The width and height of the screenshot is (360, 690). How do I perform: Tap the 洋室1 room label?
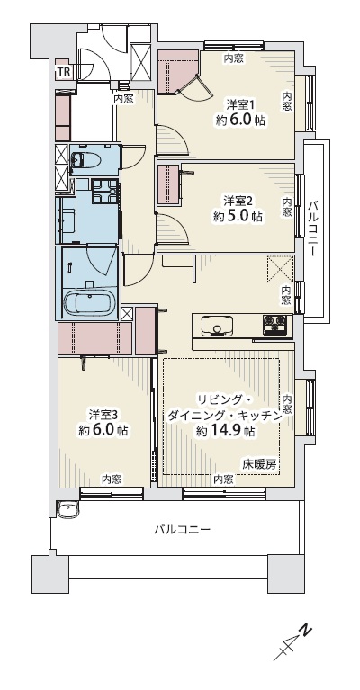pos(240,104)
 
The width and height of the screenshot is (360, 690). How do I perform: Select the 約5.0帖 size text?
pos(238,216)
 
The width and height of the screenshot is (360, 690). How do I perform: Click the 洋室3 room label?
pos(103,415)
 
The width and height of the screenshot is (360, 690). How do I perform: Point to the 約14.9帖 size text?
pos(226,431)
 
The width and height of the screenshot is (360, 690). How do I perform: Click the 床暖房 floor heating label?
pos(260,464)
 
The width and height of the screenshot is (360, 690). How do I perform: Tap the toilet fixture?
pos(85,161)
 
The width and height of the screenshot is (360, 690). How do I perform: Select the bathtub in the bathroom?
pos(90,303)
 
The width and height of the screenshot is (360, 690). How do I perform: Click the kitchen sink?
pos(218,326)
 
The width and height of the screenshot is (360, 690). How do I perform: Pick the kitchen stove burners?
pos(277,325)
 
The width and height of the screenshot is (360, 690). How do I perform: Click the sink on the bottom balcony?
pos(67,509)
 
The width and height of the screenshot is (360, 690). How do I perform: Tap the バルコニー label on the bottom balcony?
pos(182,529)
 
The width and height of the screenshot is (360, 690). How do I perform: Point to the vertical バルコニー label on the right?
pos(313,229)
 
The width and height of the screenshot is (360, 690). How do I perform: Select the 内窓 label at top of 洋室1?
pos(233,58)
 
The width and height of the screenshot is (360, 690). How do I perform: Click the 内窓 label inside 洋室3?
pos(112,479)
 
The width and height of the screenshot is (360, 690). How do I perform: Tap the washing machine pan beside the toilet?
pos(105,191)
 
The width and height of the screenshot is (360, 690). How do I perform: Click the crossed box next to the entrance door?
pos(140,61)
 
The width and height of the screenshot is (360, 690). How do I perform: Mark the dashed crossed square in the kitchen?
pos(281,268)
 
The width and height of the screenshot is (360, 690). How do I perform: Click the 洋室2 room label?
pos(238,202)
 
